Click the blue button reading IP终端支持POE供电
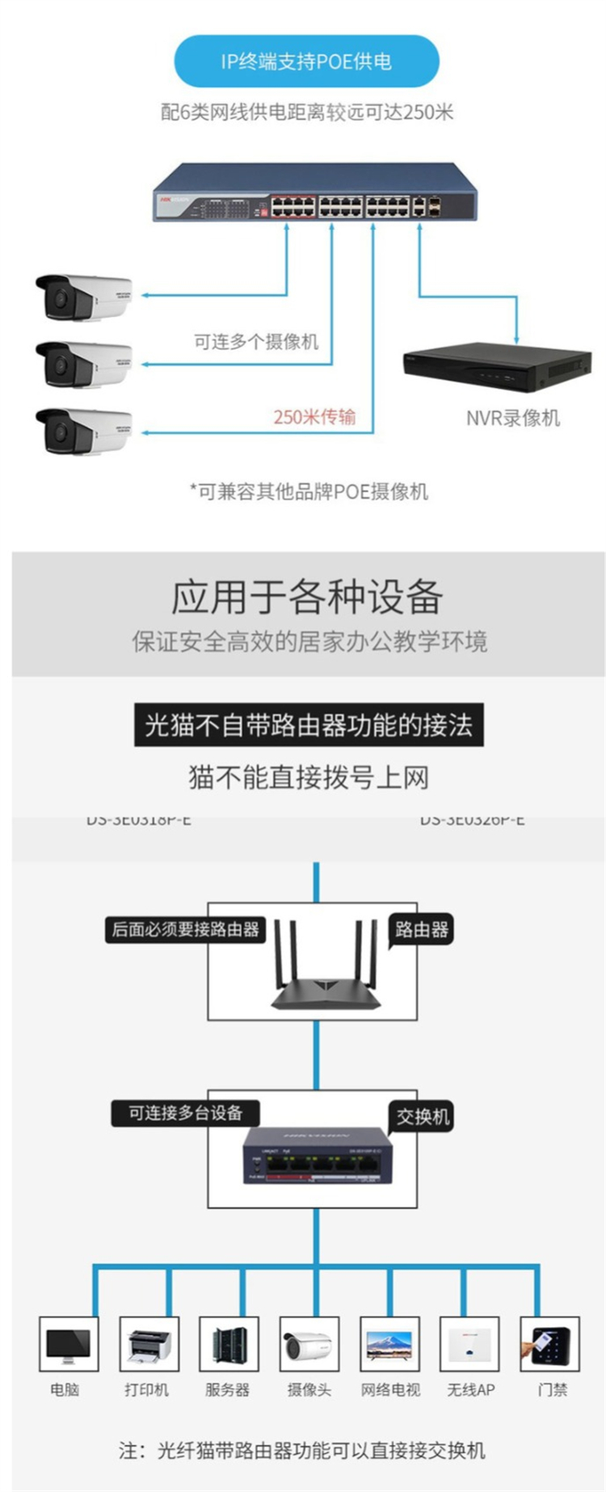click(x=306, y=61)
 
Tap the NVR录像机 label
click(x=512, y=418)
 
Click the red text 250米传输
click(x=314, y=417)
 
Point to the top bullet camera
click(x=82, y=297)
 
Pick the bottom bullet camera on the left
click(x=82, y=430)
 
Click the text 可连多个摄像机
click(x=256, y=341)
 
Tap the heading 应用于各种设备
click(x=307, y=597)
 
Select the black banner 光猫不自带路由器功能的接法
click(x=308, y=725)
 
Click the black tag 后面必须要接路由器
click(x=185, y=929)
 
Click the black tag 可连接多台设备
click(x=185, y=1113)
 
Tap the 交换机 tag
click(x=422, y=1117)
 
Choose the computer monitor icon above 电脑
click(x=69, y=1343)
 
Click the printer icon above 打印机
click(x=149, y=1343)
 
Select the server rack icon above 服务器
click(x=229, y=1343)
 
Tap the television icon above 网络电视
click(x=389, y=1343)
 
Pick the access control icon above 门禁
click(x=549, y=1343)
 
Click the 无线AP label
click(x=471, y=1389)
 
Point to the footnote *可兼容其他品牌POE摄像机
click(x=309, y=491)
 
